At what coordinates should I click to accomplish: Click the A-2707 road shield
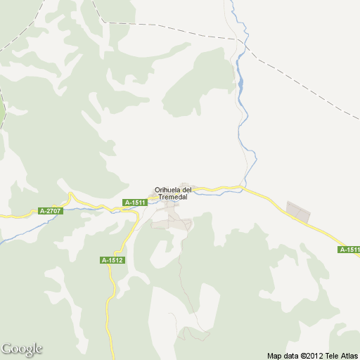pyautogui.click(x=51, y=211)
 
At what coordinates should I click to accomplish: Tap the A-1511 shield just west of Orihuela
pyautogui.click(x=134, y=202)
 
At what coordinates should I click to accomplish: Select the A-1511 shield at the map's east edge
pyautogui.click(x=349, y=250)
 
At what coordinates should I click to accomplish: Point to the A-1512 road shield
pyautogui.click(x=112, y=260)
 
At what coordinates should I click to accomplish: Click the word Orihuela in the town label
pyautogui.click(x=167, y=190)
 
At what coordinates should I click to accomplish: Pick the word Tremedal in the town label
pyautogui.click(x=173, y=197)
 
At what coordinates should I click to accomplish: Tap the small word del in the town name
pyautogui.click(x=186, y=190)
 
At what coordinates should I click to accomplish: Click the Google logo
pyautogui.click(x=22, y=349)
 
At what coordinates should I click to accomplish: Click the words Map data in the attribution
pyautogui.click(x=281, y=355)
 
